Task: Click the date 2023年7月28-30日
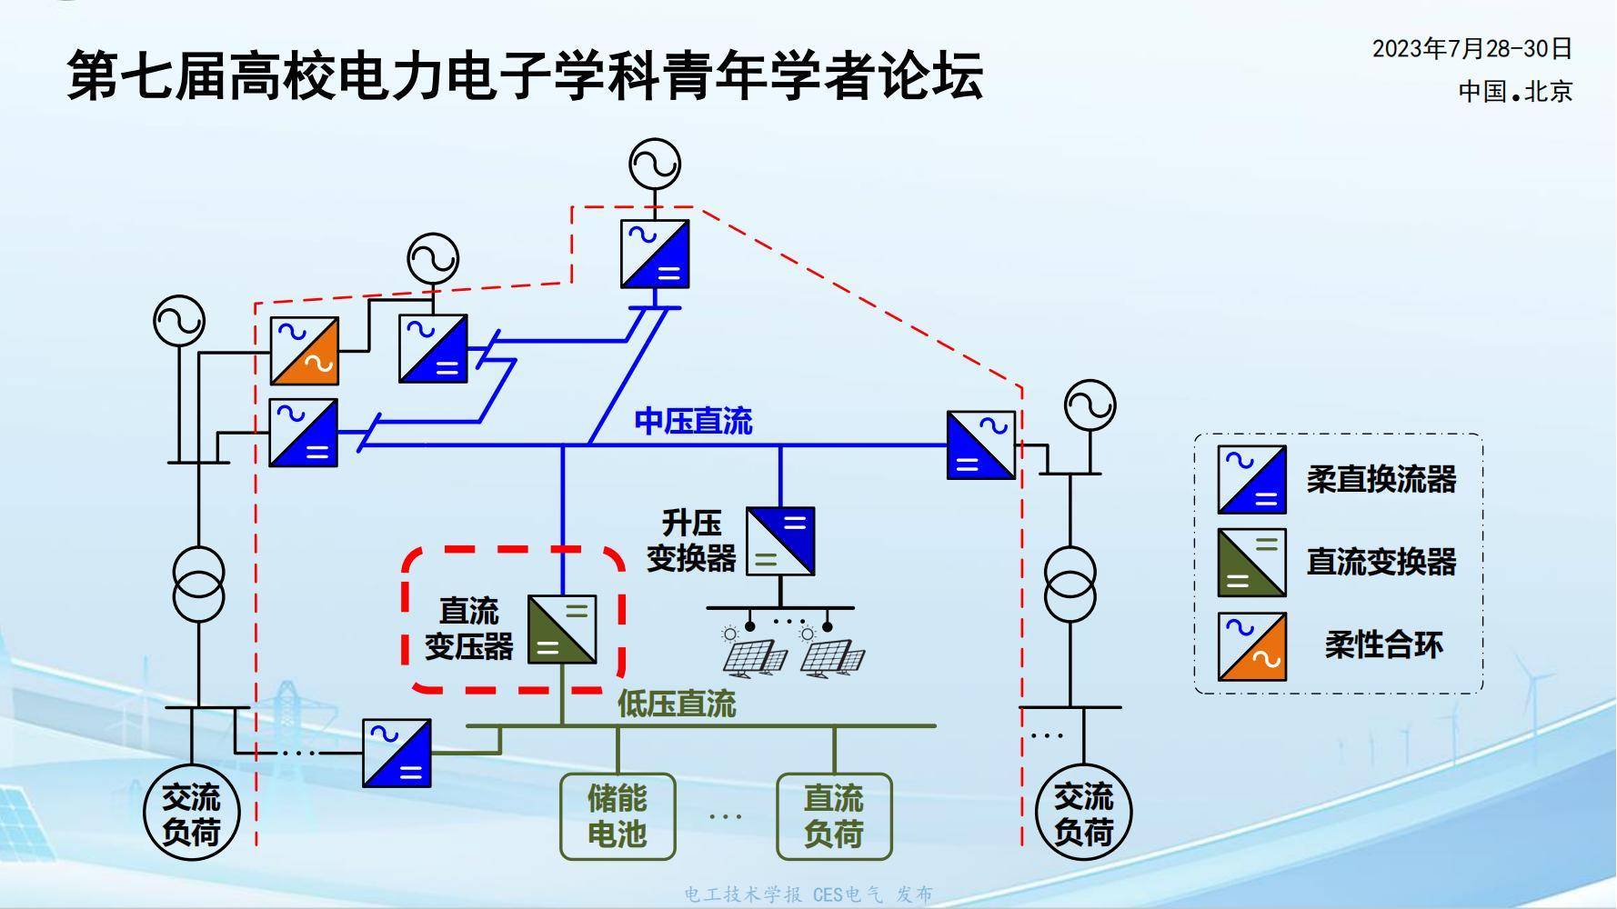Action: [x=1471, y=49]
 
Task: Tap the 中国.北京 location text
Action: [x=1515, y=92]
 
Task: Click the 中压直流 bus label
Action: [x=693, y=422]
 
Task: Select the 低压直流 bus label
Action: [x=677, y=704]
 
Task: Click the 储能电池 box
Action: [x=618, y=816]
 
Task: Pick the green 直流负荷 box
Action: [x=834, y=816]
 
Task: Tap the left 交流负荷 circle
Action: [x=192, y=814]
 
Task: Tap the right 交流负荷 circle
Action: [x=1083, y=814]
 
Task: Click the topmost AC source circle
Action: [x=655, y=165]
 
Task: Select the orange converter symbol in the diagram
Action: [x=305, y=351]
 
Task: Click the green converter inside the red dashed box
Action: [x=562, y=629]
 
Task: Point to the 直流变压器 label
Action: [x=469, y=629]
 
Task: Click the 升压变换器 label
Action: [x=691, y=541]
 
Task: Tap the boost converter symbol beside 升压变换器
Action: [x=780, y=542]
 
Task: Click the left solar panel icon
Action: [x=753, y=654]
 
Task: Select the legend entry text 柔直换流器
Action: [x=1381, y=479]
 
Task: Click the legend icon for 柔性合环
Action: [x=1252, y=646]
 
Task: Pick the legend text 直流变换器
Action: [x=1381, y=562]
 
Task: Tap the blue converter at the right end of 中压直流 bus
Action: [x=980, y=445]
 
